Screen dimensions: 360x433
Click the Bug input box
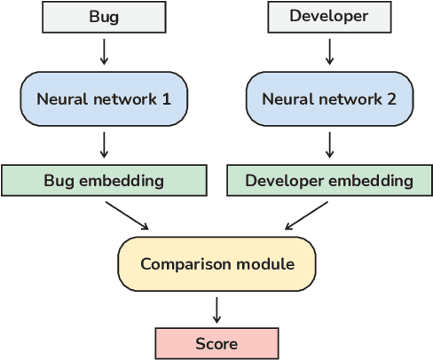[104, 17]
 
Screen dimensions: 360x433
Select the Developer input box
[329, 17]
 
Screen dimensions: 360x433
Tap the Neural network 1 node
[104, 98]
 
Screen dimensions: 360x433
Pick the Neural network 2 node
[329, 98]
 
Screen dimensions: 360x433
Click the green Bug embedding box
[104, 181]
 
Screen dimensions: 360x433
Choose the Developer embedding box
[329, 181]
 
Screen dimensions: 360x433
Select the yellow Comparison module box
[216, 263]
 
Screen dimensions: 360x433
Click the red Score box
[216, 343]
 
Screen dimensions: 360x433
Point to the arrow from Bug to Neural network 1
[104, 51]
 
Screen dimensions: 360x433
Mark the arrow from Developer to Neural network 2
[329, 51]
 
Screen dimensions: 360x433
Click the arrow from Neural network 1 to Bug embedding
[104, 145]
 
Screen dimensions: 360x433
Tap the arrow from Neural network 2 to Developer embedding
[329, 145]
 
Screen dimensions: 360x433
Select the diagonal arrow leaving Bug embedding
[127, 215]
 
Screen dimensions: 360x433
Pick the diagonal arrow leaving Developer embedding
[306, 215]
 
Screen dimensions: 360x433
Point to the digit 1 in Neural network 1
[167, 98]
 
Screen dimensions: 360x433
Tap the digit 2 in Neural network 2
[393, 98]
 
